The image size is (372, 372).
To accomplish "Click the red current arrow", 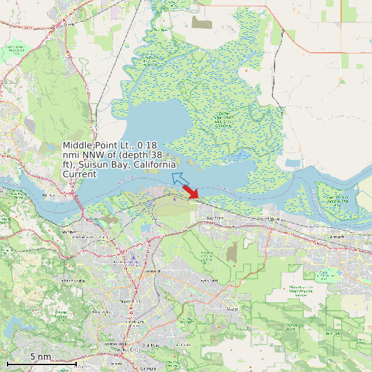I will coord(191,193).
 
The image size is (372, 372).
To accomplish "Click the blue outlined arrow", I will coord(180,180).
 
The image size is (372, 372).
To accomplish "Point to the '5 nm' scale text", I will coord(40,357).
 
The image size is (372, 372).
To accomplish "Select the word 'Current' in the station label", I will coord(80,174).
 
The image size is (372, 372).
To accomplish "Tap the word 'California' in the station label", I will coord(154,165).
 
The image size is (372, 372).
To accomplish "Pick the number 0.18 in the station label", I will coord(147,146).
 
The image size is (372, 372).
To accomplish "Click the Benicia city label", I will coord(48,196).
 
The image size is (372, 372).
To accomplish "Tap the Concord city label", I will coord(152,271).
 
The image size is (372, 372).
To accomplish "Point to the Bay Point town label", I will coord(216,218).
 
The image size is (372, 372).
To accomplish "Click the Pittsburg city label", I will coord(276,218).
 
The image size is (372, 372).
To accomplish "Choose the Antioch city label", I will coord(337,236).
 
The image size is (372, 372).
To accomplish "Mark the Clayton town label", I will coord(232,310).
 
